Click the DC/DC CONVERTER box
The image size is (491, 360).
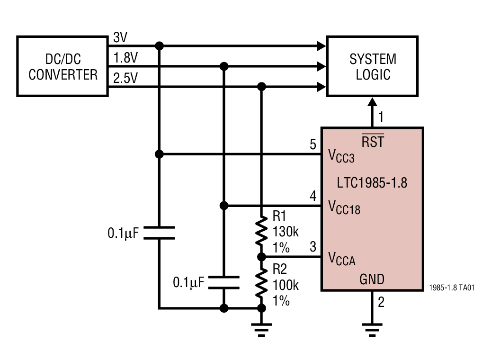62,66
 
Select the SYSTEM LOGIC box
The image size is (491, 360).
373,66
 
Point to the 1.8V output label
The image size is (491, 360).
125,58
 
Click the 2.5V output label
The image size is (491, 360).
125,78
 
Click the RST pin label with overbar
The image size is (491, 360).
373,141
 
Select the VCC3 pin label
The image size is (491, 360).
341,156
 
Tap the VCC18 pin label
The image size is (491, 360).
344,207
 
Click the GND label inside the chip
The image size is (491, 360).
372,279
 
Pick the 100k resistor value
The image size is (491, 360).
285,286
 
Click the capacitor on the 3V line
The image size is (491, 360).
159,233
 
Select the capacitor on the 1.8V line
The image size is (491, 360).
224,282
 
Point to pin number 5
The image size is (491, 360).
313,144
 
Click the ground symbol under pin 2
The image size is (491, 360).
372,328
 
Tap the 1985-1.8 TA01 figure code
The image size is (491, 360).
452,288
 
